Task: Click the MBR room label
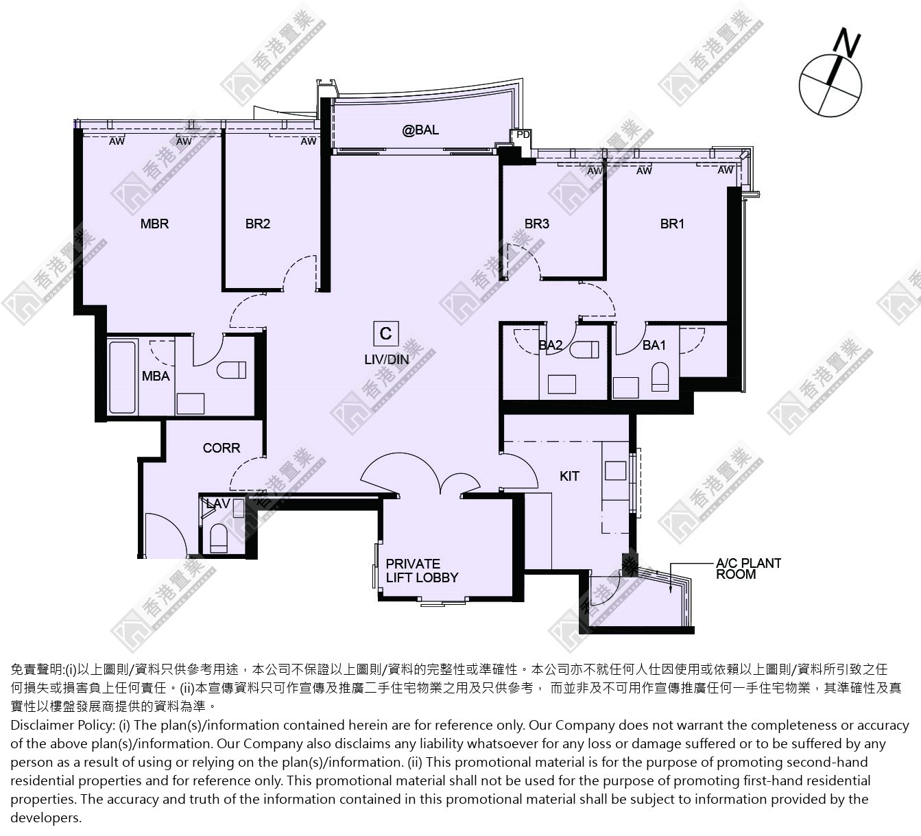click(x=154, y=224)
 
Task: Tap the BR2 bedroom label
click(x=258, y=224)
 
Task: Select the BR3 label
click(x=537, y=224)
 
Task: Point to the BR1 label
click(x=672, y=224)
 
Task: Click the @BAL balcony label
click(x=420, y=130)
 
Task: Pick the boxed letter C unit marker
click(x=385, y=333)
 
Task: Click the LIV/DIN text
click(x=387, y=359)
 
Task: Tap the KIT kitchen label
click(x=569, y=477)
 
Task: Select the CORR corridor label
click(x=222, y=448)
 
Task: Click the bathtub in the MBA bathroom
click(x=123, y=377)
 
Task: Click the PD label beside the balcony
click(x=523, y=134)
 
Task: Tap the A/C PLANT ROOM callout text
click(x=748, y=569)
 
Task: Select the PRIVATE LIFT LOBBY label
click(x=422, y=571)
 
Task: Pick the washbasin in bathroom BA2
click(x=562, y=385)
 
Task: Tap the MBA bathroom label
click(x=156, y=377)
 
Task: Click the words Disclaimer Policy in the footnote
click(x=62, y=726)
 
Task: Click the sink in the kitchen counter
click(x=616, y=471)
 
